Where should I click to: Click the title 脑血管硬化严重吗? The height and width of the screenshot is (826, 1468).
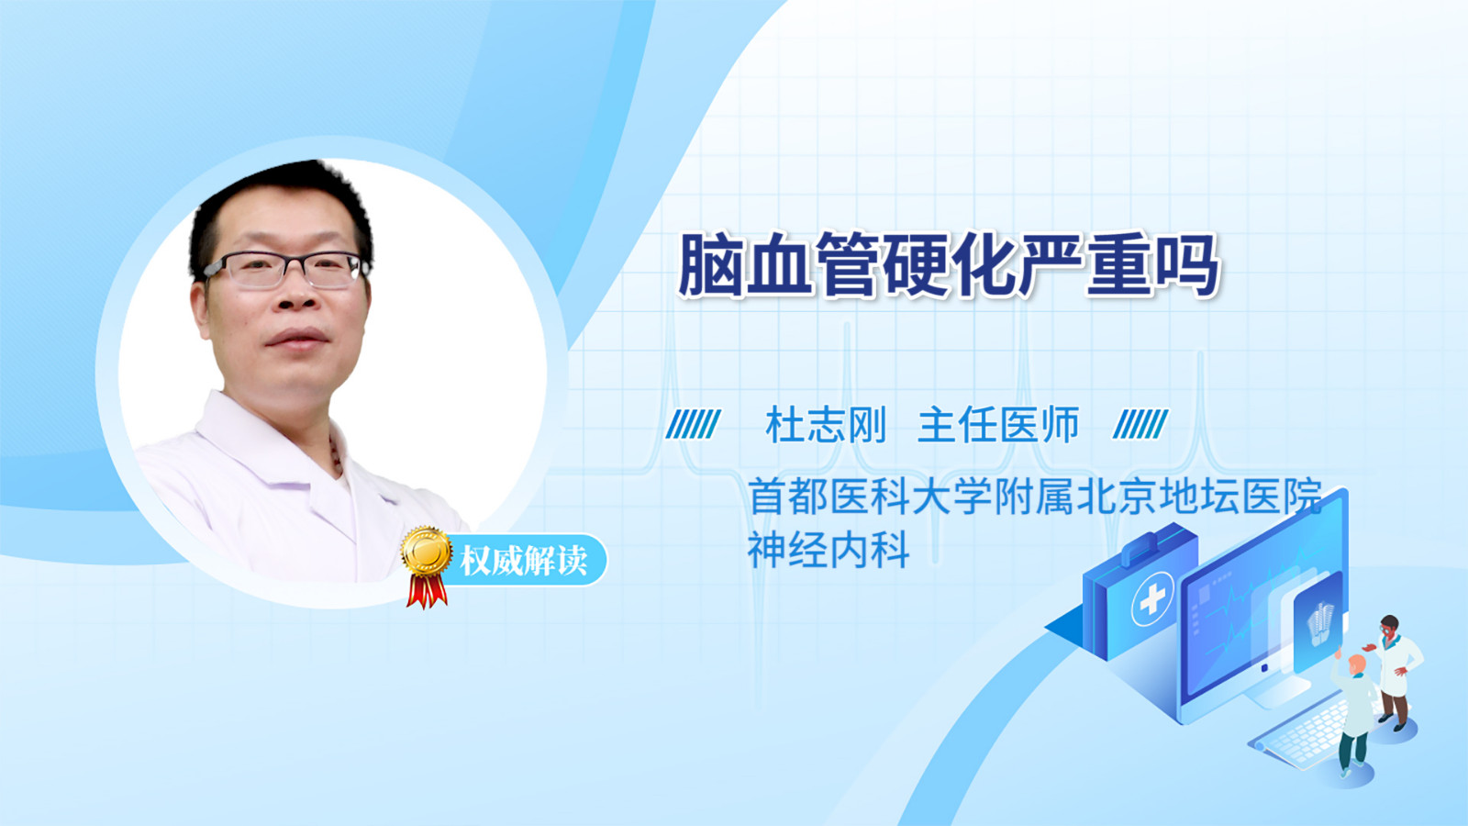[949, 265]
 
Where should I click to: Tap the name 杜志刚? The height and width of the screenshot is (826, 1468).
[826, 425]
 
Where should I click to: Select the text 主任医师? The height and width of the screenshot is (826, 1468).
[998, 425]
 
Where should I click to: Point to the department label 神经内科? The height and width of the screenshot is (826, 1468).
[829, 550]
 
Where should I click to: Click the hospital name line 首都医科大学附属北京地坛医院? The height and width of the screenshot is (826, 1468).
[1036, 497]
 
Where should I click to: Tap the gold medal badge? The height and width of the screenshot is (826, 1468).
[427, 552]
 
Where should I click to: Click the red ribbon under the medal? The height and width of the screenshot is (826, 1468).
[427, 591]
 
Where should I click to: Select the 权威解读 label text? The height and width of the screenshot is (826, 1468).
[524, 561]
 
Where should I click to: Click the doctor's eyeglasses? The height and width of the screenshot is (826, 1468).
[285, 269]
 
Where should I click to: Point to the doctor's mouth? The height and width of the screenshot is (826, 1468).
[298, 339]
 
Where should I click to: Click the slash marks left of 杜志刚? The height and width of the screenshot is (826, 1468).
[693, 424]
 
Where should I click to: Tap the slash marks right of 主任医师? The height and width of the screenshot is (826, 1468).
[1140, 424]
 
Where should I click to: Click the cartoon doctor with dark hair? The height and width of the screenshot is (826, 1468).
[1396, 672]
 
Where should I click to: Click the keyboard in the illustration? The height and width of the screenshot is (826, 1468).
[1304, 734]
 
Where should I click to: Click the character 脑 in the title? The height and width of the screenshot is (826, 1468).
[710, 265]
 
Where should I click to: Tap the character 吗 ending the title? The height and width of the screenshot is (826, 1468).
[1187, 265]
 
